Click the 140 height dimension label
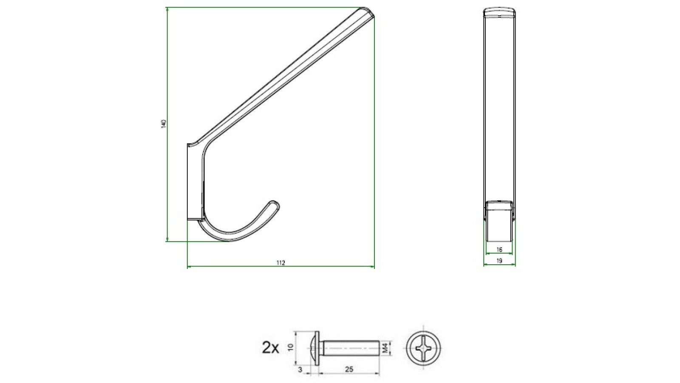click(164, 124)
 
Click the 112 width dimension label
click(280, 263)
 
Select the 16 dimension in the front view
click(499, 250)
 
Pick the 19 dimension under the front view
click(499, 260)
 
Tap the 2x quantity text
click(271, 349)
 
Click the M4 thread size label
click(385, 349)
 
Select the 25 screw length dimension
click(349, 370)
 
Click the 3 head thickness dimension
click(300, 370)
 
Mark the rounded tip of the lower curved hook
click(275, 204)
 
